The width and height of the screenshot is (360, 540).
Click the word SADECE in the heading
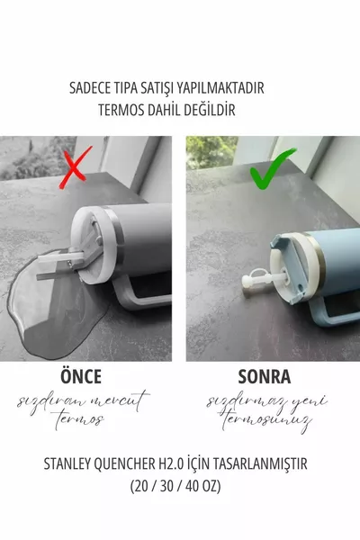[91, 89]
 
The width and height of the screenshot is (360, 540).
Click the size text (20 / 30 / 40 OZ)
[180, 486]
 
